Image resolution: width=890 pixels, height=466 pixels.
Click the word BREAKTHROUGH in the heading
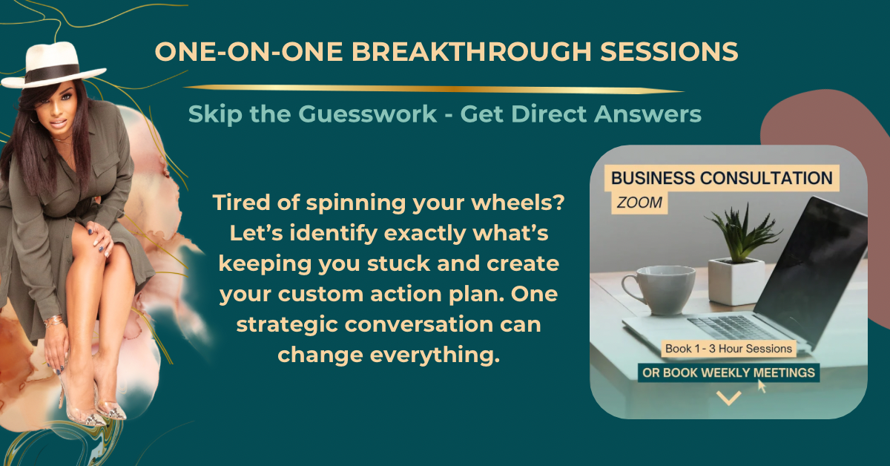pos(472,52)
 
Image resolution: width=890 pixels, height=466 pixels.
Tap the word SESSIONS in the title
pos(669,52)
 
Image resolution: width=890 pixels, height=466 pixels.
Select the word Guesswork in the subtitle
pos(368,114)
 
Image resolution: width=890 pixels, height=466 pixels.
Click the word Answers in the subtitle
pos(647,114)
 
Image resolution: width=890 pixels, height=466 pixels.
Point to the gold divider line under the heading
pos(433,88)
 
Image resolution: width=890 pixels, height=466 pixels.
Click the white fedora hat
pos(53,65)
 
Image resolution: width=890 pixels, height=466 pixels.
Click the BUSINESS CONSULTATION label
pos(722,178)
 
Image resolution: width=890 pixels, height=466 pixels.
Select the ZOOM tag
pos(639,203)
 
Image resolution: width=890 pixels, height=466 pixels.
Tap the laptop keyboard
pos(729,328)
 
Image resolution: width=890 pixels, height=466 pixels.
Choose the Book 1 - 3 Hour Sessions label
pos(728,349)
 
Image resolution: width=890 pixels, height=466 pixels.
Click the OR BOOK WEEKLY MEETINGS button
pos(728,373)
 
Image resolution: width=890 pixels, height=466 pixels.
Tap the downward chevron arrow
pos(728,398)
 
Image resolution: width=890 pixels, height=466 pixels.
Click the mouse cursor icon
pos(762,386)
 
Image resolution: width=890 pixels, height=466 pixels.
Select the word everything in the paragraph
pos(389,355)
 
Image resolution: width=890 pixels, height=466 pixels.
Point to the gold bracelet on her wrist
pos(53,321)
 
